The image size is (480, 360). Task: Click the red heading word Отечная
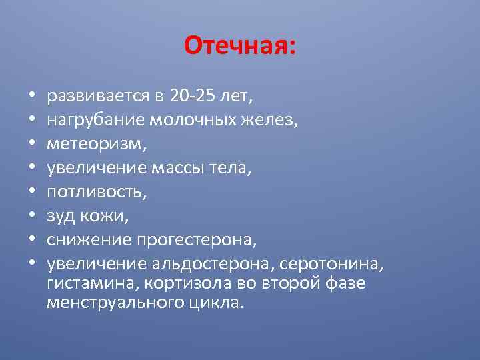(x=239, y=46)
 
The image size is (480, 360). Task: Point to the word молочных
(x=189, y=119)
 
